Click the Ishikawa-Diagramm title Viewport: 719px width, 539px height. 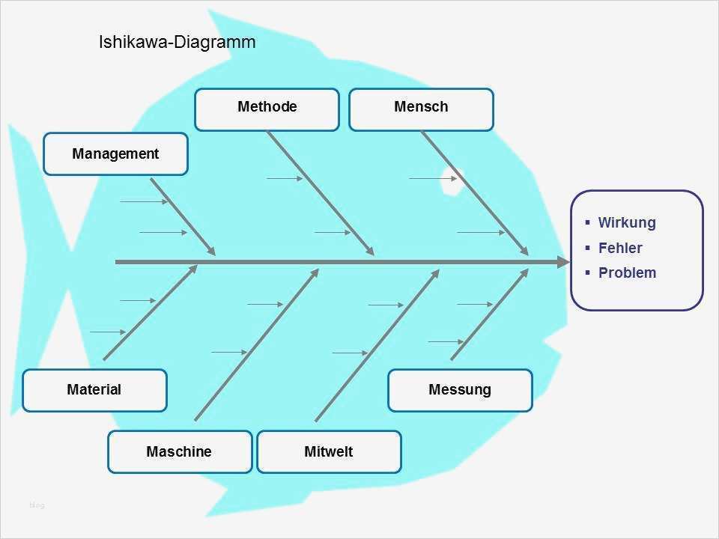177,42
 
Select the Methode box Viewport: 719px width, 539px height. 267,109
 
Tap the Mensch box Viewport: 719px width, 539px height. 421,109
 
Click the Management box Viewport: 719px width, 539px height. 115,153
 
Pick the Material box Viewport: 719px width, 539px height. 94,390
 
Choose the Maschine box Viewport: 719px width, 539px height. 180,451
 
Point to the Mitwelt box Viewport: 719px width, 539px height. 329,451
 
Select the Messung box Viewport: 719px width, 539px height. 460,390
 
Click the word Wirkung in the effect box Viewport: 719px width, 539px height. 627,222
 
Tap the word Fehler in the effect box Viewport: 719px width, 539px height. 620,248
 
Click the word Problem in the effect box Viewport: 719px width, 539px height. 627,272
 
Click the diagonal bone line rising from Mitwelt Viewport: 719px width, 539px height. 376,346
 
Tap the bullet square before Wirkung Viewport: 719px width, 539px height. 588,222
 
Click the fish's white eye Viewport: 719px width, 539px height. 450,178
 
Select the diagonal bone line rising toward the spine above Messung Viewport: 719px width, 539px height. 489,316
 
